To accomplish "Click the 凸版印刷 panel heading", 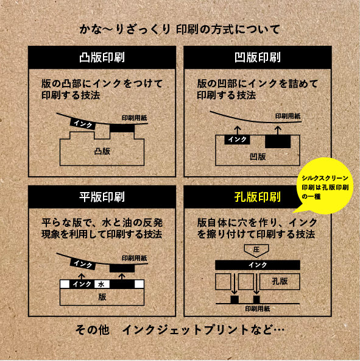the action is [102, 57].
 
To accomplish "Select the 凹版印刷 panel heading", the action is [258, 57].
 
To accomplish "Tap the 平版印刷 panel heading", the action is [102, 197].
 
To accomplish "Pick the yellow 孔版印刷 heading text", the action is [258, 197].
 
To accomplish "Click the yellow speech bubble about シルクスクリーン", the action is [325, 186].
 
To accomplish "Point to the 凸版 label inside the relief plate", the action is [102, 151].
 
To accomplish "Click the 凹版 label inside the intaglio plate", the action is [258, 157].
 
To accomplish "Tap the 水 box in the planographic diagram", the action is [102, 284].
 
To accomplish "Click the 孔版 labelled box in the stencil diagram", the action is [280, 281].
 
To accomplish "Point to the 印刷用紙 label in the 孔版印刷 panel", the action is [257, 309].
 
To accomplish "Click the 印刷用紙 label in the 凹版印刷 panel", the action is [288, 116].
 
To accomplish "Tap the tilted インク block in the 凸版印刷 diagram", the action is [83, 124].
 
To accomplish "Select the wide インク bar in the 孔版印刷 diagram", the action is [258, 265].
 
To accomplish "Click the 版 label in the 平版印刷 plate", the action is [102, 297].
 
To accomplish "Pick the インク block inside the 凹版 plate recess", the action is [237, 140].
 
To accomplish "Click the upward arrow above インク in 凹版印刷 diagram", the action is [238, 130].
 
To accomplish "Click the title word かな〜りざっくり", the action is [125, 30].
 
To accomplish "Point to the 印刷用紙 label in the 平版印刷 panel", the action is [135, 258].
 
